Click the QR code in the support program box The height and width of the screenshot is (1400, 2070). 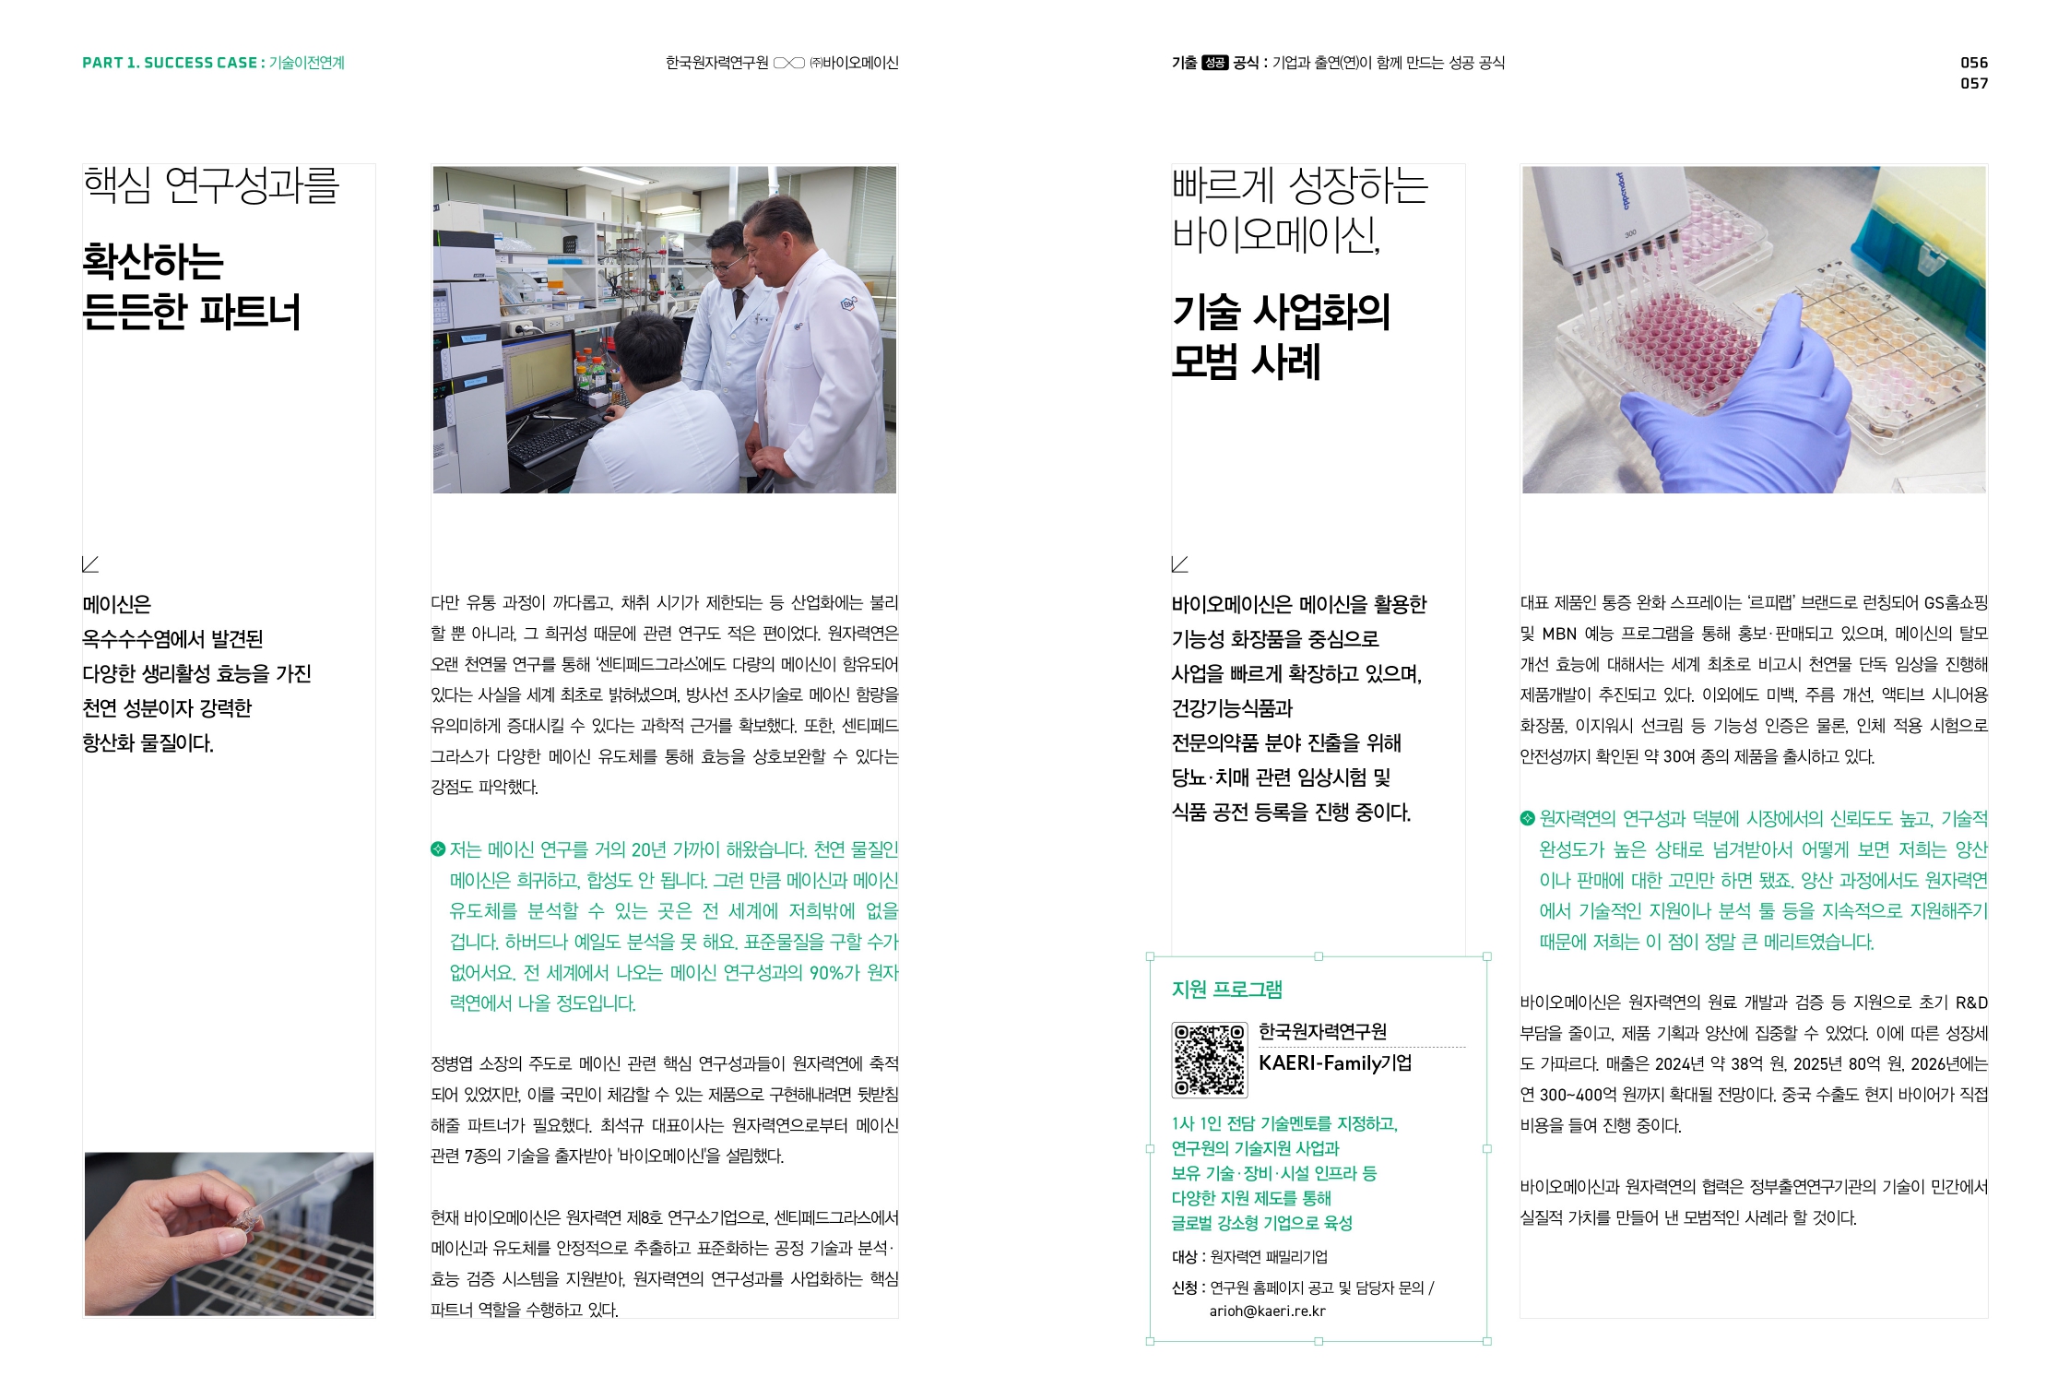1209,1060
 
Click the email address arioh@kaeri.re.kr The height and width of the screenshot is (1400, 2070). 1267,1311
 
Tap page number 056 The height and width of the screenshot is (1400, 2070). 1974,63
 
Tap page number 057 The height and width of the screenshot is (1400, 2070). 1974,83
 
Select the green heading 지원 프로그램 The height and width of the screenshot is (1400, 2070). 1226,990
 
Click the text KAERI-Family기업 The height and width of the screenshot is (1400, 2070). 1335,1062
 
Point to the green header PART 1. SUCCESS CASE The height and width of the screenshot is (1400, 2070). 170,63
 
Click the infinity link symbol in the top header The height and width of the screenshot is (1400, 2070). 788,63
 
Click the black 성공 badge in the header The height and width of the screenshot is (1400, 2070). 1214,63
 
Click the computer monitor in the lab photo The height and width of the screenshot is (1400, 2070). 538,374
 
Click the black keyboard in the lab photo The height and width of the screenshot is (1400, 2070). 556,437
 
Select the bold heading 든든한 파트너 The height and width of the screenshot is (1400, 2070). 192,312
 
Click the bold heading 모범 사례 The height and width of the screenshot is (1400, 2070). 1246,362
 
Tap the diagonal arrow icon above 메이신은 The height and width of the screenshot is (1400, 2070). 90,564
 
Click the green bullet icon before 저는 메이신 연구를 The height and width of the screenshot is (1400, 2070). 438,849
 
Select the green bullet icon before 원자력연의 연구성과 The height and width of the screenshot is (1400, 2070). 1527,818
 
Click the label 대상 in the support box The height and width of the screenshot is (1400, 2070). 1184,1257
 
